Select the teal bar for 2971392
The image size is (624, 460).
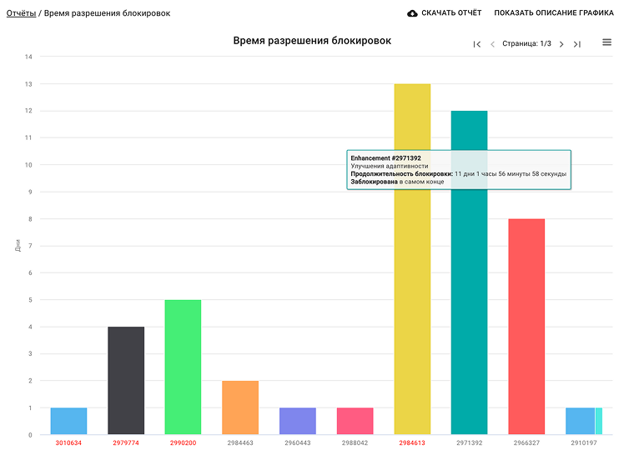pyautogui.click(x=469, y=317)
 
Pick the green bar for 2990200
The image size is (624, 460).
pyautogui.click(x=183, y=367)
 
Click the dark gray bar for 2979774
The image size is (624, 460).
pyautogui.click(x=126, y=380)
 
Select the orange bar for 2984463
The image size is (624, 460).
pyautogui.click(x=240, y=407)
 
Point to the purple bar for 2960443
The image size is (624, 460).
pyautogui.click(x=297, y=421)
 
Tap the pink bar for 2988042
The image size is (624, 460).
pyautogui.click(x=355, y=421)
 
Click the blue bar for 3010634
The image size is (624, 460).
pyautogui.click(x=68, y=421)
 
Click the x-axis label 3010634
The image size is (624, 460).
pyautogui.click(x=68, y=443)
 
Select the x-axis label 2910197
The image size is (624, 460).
pyautogui.click(x=583, y=443)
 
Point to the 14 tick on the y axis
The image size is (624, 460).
pyautogui.click(x=28, y=57)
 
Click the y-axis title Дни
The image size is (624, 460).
pyautogui.click(x=18, y=246)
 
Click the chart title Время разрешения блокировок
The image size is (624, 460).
pyautogui.click(x=312, y=41)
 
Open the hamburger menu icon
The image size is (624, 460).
pyautogui.click(x=606, y=42)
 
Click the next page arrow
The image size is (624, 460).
pyautogui.click(x=561, y=44)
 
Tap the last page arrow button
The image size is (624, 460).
pyautogui.click(x=577, y=44)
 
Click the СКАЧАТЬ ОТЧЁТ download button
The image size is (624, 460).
pyautogui.click(x=444, y=13)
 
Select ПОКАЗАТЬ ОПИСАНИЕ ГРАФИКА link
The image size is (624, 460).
pyautogui.click(x=553, y=13)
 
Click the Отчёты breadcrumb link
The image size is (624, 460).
pyautogui.click(x=21, y=13)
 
